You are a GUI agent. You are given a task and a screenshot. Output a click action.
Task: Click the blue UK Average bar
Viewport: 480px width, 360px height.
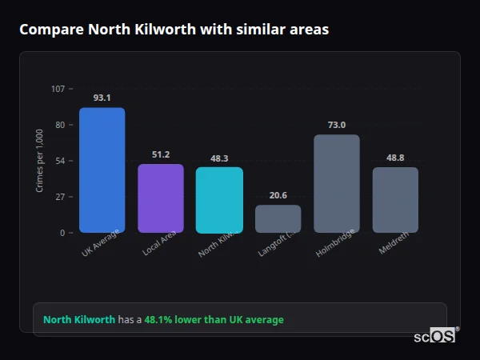[102, 170]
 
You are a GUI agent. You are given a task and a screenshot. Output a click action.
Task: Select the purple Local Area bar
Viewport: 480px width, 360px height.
[161, 198]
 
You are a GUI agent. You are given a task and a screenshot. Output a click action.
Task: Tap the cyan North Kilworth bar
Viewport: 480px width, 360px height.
[219, 200]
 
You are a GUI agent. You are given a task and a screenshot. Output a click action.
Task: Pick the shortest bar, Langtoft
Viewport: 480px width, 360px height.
[278, 218]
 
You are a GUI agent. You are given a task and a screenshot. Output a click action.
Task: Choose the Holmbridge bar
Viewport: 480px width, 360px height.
[336, 183]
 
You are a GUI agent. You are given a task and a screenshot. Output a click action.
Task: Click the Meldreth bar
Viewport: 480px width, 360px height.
[395, 200]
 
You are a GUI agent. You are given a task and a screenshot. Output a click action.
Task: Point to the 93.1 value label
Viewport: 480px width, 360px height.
[102, 98]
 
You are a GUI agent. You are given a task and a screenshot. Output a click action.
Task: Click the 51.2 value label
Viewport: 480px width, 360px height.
[161, 154]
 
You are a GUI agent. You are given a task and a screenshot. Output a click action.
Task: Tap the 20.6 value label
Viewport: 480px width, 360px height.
[278, 195]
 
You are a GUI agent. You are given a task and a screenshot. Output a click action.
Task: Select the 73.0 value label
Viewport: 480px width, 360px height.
[336, 125]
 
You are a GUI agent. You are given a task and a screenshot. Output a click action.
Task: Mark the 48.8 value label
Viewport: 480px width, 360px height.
[395, 158]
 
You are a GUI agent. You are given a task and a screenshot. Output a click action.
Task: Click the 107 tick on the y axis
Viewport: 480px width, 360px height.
[58, 89]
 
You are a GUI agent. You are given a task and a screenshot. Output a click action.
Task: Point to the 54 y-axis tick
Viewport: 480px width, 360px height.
[60, 161]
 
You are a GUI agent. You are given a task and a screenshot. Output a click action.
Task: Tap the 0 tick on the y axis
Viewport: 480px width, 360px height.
[62, 233]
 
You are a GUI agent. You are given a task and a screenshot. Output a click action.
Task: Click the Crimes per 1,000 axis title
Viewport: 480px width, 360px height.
[40, 160]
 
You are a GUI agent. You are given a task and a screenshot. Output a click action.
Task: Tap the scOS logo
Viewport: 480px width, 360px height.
[435, 336]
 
